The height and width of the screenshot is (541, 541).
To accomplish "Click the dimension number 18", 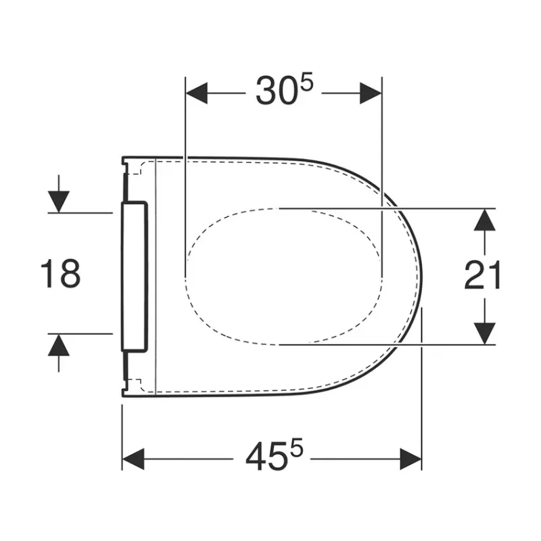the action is pos(61,274).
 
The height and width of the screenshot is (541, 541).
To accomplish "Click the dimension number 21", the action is pos(482,275).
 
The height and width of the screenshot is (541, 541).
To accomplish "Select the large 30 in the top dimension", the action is pos(277,91).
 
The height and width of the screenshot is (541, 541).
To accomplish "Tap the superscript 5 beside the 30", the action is pos(307,81).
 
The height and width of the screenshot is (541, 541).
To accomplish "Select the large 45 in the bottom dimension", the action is pos(266,456).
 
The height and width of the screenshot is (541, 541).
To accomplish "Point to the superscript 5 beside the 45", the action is pos(296,447).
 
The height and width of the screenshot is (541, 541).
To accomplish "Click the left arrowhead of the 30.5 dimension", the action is pos(197,93).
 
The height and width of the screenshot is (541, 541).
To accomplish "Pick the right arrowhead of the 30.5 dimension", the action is pos(371,93).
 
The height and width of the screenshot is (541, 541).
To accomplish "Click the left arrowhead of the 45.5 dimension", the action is pos(133,459).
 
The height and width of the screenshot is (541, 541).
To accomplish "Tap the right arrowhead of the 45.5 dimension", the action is pos(410,459).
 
